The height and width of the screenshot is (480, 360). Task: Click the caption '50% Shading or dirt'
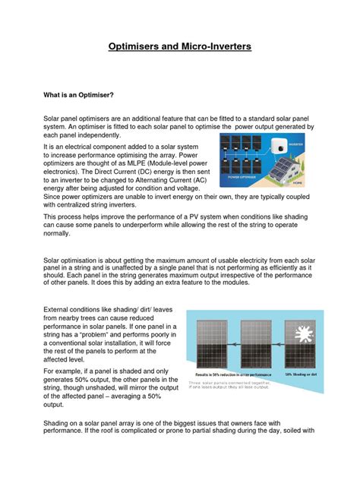(x=303, y=374)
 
